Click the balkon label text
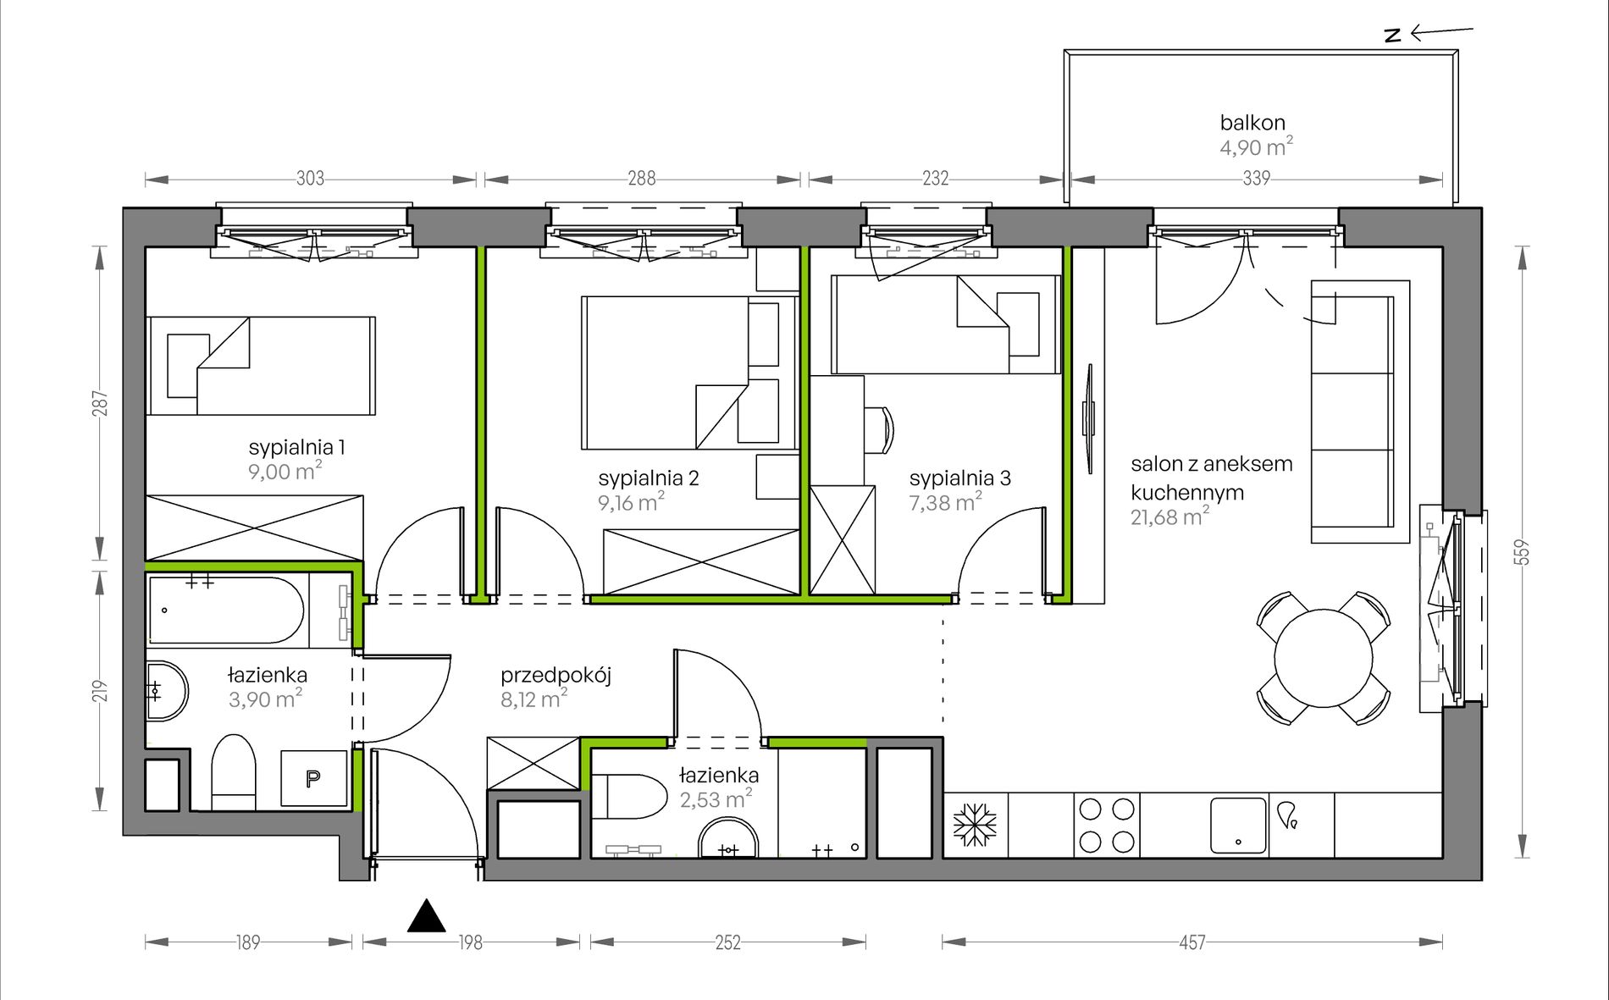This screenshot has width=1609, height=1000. tap(1252, 123)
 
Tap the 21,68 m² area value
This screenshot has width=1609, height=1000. tap(1169, 517)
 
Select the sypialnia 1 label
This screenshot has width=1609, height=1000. tap(296, 448)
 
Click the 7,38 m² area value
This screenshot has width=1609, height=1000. tap(945, 502)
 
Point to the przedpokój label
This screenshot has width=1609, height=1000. tap(556, 676)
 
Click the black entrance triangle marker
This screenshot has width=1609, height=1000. tap(427, 915)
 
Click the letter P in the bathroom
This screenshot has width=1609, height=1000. tap(313, 778)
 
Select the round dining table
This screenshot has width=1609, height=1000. tap(1324, 658)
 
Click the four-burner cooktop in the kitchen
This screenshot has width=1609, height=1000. tap(1107, 826)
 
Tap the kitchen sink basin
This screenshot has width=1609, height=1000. tap(1238, 826)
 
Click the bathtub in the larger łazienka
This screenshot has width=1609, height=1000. tap(226, 610)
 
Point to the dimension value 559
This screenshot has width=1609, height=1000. tap(1523, 553)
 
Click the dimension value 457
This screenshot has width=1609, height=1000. tap(1192, 942)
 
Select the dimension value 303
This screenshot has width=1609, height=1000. tap(310, 179)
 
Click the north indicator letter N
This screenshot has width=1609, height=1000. tap(1392, 35)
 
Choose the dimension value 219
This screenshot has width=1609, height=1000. tap(101, 691)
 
